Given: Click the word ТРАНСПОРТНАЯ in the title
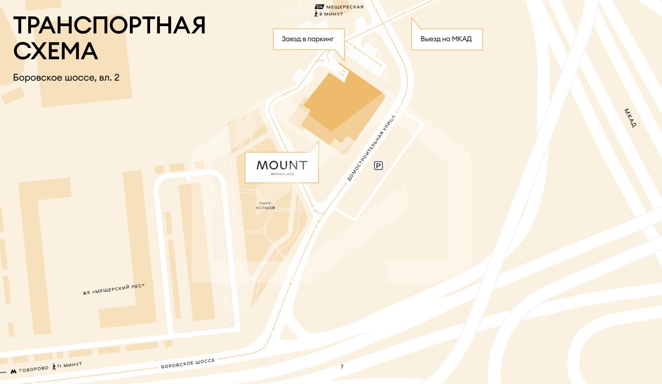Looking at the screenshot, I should pyautogui.click(x=109, y=25).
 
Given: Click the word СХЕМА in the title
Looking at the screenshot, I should pyautogui.click(x=55, y=51).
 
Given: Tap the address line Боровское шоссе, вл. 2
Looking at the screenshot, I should pyautogui.click(x=66, y=78).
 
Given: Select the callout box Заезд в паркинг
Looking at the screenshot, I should pyautogui.click(x=308, y=39).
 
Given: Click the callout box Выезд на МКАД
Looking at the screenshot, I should pyautogui.click(x=446, y=39).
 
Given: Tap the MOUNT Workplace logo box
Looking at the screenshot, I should pyautogui.click(x=282, y=167).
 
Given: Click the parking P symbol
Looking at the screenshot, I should pyautogui.click(x=378, y=166).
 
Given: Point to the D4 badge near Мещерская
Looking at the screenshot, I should pyautogui.click(x=319, y=7).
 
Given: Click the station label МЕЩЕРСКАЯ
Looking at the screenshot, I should pyautogui.click(x=345, y=7).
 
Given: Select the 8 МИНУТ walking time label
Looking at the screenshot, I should pyautogui.click(x=331, y=14).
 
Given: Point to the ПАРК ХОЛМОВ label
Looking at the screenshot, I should pyautogui.click(x=265, y=206).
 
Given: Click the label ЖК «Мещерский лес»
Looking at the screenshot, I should pyautogui.click(x=113, y=290).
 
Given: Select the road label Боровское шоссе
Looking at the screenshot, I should pyautogui.click(x=188, y=364).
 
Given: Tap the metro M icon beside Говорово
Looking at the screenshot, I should pyautogui.click(x=14, y=371).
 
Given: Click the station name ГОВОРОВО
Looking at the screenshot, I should pyautogui.click(x=34, y=369).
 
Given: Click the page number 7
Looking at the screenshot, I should pyautogui.click(x=342, y=367).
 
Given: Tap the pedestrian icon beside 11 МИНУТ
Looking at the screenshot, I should pyautogui.click(x=54, y=367).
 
